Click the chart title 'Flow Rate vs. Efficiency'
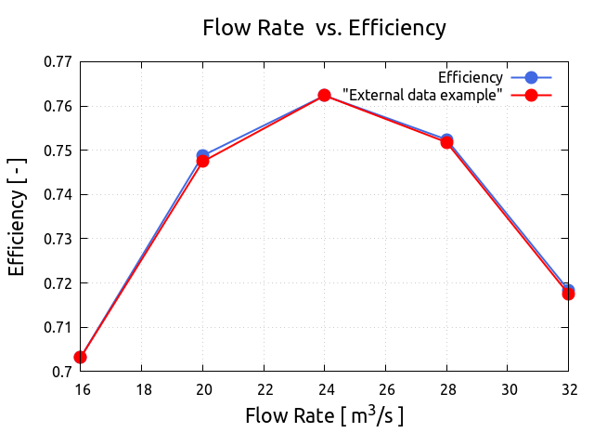[324, 28]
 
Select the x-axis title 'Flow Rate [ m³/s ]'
[324, 414]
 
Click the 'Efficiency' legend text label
[471, 77]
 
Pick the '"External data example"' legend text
[422, 95]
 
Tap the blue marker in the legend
[531, 77]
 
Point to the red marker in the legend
[531, 95]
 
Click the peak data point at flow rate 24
[324, 95]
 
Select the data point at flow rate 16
[81, 357]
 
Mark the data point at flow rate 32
[568, 293]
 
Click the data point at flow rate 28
[446, 141]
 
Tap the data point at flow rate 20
[203, 159]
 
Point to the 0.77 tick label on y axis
[59, 62]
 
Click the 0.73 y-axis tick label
[59, 239]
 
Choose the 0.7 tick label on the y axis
[65, 372]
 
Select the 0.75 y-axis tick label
[59, 151]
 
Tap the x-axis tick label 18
[142, 387]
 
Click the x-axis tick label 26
[385, 387]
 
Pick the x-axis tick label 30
[508, 387]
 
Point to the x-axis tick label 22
[264, 387]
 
